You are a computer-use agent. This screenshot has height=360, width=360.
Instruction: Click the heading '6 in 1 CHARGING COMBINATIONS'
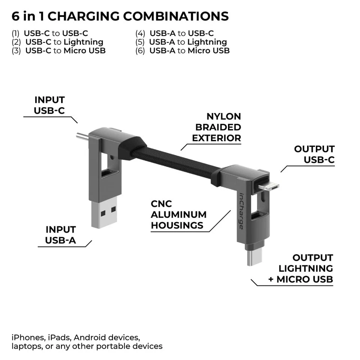(x=120, y=16)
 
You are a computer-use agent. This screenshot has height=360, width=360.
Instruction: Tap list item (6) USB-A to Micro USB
(x=182, y=51)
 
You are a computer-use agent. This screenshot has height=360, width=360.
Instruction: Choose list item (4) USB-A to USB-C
(x=174, y=33)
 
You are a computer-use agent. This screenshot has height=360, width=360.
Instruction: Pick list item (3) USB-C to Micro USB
(x=58, y=51)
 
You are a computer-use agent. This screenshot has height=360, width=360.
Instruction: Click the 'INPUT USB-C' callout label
(x=49, y=105)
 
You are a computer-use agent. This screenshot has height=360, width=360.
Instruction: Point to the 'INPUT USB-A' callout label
(x=60, y=235)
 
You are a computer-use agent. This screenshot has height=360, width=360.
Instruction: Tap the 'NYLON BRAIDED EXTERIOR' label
(x=216, y=127)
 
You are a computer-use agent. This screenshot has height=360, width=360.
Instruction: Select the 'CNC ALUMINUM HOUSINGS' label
(x=178, y=215)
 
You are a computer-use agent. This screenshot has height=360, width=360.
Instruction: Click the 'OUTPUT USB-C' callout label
(x=314, y=154)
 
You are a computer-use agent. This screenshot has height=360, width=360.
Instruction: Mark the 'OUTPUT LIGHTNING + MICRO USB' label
(x=300, y=268)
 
